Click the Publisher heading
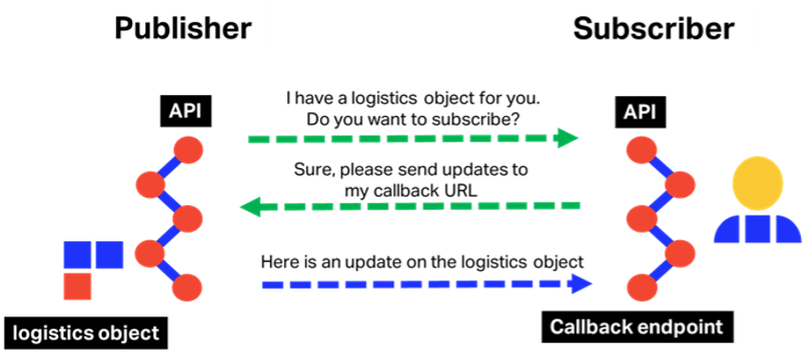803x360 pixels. click(182, 29)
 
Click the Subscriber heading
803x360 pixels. click(654, 29)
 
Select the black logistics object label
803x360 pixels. click(86, 332)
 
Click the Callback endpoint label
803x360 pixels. click(637, 327)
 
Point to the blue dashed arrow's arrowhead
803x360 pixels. click(582, 284)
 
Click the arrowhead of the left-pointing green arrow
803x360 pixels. click(252, 207)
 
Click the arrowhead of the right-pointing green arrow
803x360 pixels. click(567, 139)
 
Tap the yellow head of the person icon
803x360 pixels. click(757, 181)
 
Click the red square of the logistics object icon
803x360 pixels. click(77, 286)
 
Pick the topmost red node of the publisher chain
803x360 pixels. click(188, 150)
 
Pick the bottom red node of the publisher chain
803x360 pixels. click(186, 288)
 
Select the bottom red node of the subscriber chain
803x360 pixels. click(641, 287)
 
